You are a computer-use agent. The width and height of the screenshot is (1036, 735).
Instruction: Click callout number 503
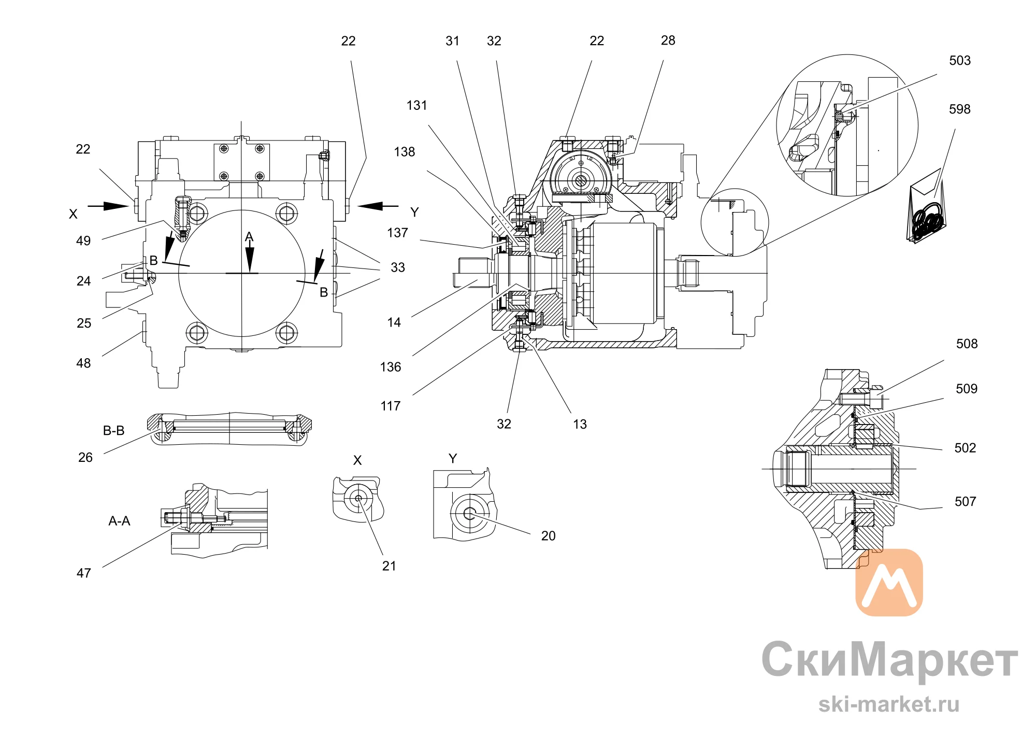(x=959, y=61)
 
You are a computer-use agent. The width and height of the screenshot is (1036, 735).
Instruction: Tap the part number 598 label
(x=959, y=109)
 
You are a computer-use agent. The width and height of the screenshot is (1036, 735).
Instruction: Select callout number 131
(x=416, y=106)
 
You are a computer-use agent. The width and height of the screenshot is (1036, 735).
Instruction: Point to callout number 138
(x=404, y=152)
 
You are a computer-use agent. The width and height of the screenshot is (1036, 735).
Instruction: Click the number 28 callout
(x=668, y=40)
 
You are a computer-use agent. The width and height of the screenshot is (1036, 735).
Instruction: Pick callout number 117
(x=390, y=406)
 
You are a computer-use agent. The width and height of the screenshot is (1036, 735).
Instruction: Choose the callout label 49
(x=83, y=241)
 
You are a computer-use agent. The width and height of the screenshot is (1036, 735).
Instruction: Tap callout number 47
(x=84, y=573)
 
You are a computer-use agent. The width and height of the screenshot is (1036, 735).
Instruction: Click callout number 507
(x=965, y=502)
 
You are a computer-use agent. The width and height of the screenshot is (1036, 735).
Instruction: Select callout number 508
(x=967, y=344)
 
